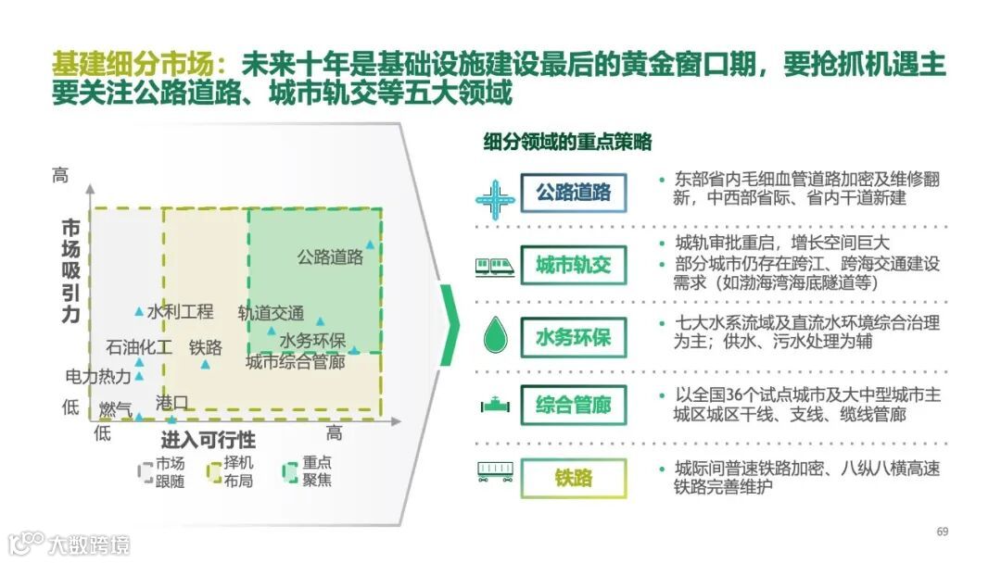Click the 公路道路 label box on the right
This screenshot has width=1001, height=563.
click(x=574, y=193)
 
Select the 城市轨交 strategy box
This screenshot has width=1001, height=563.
click(x=574, y=266)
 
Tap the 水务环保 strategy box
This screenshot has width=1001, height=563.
click(x=574, y=336)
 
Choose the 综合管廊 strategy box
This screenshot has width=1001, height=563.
click(x=574, y=406)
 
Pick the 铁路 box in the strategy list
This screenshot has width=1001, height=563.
click(x=574, y=478)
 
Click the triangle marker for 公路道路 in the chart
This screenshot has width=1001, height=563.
click(x=370, y=244)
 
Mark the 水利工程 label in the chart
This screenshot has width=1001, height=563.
click(x=180, y=312)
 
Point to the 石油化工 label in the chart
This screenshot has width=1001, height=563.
click(x=138, y=348)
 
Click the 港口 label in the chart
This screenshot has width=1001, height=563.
click(x=171, y=403)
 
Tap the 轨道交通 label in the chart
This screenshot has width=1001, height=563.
click(x=271, y=313)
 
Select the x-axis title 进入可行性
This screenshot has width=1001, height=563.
click(x=209, y=438)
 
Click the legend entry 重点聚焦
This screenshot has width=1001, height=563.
click(x=309, y=471)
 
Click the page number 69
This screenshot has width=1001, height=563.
click(x=943, y=531)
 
